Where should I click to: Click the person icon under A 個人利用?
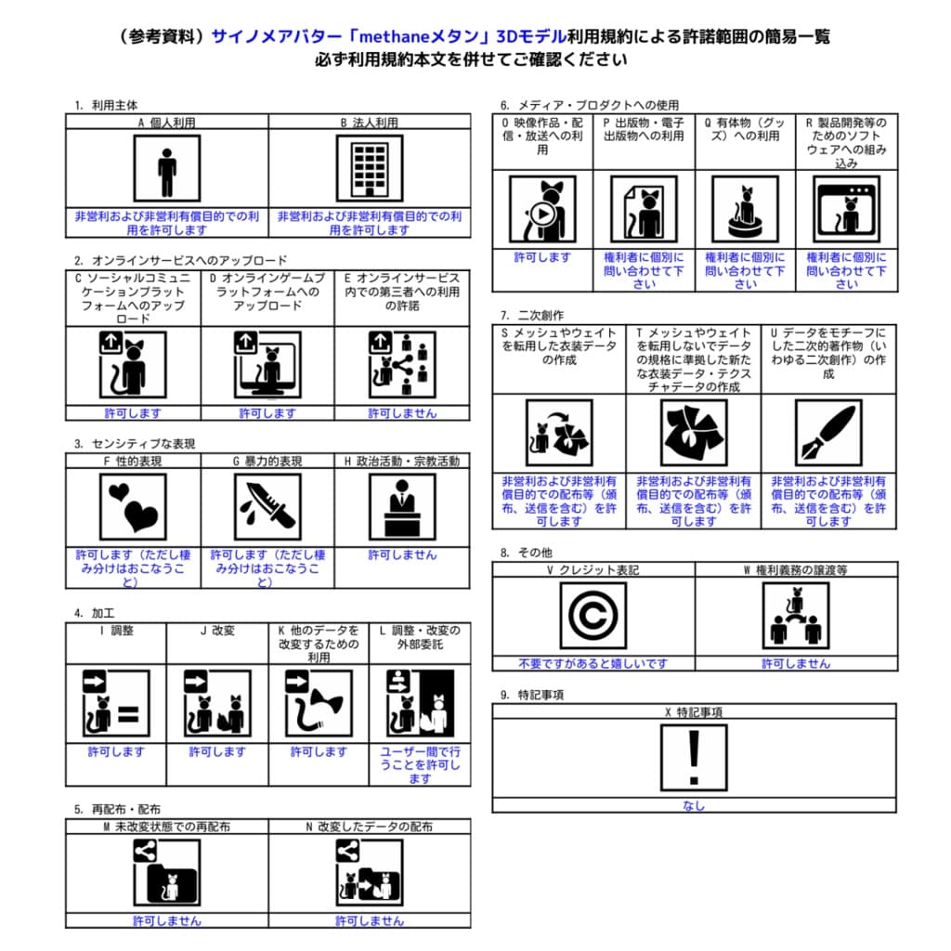point(166,168)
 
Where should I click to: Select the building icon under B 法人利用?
point(369,168)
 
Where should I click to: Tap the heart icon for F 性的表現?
point(133,507)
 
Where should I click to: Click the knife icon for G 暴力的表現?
point(267,507)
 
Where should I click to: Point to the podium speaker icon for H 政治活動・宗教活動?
point(402,507)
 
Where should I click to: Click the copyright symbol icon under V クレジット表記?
point(593,616)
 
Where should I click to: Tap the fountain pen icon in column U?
point(828,433)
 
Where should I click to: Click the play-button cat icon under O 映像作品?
point(542,209)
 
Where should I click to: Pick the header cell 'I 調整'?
point(116,631)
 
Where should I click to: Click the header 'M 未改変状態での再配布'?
point(166,826)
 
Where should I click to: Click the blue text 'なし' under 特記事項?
point(693,805)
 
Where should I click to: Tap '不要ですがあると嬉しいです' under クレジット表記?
point(593,663)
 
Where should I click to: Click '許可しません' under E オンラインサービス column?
point(402,413)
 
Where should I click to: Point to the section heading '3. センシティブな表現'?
point(135,444)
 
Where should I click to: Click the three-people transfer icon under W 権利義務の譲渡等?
point(795,616)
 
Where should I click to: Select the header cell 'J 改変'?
point(217,631)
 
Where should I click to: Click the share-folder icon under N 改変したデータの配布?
point(369,873)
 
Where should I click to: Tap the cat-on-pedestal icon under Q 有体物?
point(745,209)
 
